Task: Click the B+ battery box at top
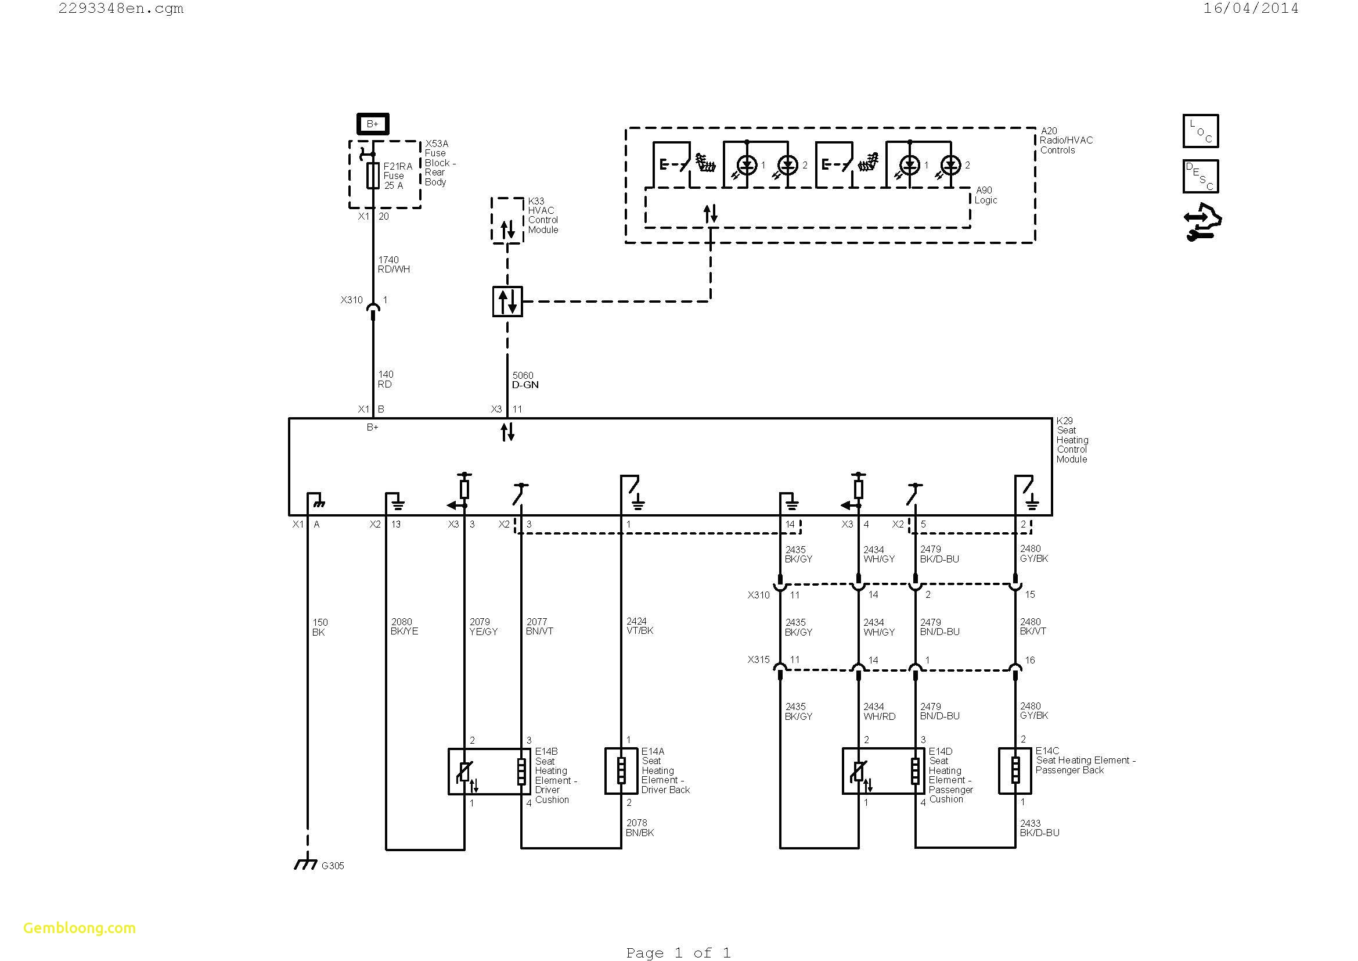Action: pyautogui.click(x=373, y=124)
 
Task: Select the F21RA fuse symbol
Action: pyautogui.click(x=373, y=175)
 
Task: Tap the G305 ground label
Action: pyautogui.click(x=333, y=866)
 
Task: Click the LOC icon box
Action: pyautogui.click(x=1200, y=131)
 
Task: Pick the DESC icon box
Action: pyautogui.click(x=1200, y=177)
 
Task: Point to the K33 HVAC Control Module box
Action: pyautogui.click(x=507, y=220)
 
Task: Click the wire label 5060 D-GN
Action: pyautogui.click(x=525, y=380)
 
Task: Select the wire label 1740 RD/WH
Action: pyautogui.click(x=393, y=264)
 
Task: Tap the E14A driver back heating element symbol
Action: pyautogui.click(x=621, y=771)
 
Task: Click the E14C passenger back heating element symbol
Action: pyautogui.click(x=1015, y=771)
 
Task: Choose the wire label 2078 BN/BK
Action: pyautogui.click(x=639, y=827)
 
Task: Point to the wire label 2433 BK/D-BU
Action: pyautogui.click(x=1039, y=827)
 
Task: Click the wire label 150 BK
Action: pyautogui.click(x=319, y=627)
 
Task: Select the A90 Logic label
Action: pyautogui.click(x=985, y=195)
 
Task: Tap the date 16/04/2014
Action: pyautogui.click(x=1251, y=8)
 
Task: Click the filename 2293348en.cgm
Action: pyautogui.click(x=121, y=8)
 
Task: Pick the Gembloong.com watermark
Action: pyautogui.click(x=80, y=928)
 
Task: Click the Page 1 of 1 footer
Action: pyautogui.click(x=678, y=953)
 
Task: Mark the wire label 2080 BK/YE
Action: pyautogui.click(x=404, y=627)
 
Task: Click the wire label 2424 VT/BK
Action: pyautogui.click(x=639, y=626)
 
